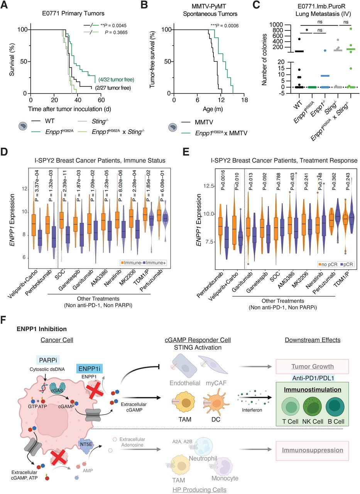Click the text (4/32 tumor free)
pyautogui.click(x=116, y=80)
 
